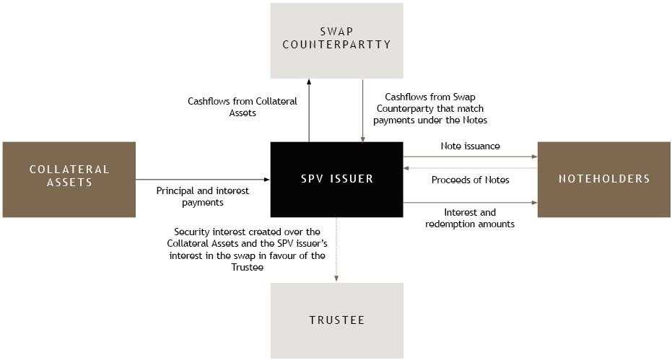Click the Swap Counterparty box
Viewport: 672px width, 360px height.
[336, 40]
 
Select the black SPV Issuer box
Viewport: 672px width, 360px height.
[336, 180]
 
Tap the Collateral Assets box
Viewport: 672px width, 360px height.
[69, 180]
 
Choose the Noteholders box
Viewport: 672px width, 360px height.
[604, 180]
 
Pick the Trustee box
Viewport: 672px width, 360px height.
[336, 320]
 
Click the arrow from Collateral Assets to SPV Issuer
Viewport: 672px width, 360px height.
[203, 180]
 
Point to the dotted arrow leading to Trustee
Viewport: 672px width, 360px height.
[336, 250]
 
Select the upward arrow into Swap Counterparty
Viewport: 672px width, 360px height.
[309, 110]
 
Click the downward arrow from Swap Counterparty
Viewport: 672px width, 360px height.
[363, 110]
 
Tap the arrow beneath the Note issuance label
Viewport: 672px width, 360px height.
[470, 157]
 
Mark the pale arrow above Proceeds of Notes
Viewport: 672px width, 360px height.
[470, 168]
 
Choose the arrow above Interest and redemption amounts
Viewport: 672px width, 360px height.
[470, 203]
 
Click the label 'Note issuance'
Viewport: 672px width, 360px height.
[470, 146]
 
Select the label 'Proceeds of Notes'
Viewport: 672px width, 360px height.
[470, 180]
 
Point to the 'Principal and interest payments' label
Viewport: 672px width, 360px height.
[203, 196]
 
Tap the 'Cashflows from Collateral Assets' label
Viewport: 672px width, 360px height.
[243, 107]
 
